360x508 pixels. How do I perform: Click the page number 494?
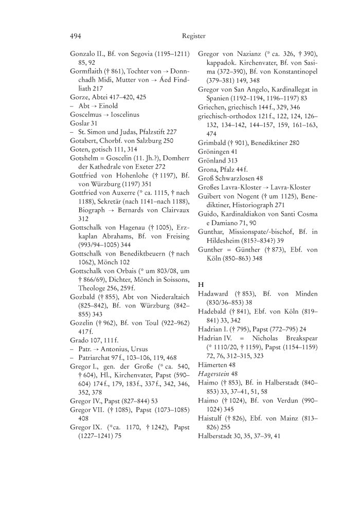[76, 36]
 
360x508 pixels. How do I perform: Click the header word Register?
[193, 36]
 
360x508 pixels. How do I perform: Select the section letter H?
[201, 284]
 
